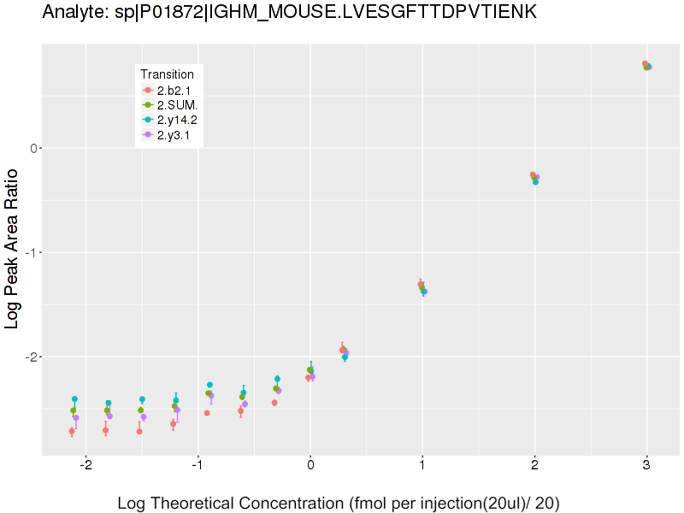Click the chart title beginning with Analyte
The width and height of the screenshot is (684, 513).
coord(290,12)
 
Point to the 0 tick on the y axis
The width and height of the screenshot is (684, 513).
coord(33,148)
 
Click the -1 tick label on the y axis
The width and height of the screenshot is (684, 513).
coord(31,252)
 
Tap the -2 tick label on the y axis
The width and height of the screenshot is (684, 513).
coord(31,357)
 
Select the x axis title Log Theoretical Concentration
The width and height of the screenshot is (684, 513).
coord(338,503)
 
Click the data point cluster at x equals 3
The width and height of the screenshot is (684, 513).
coord(647,65)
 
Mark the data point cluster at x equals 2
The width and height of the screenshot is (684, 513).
coord(534,178)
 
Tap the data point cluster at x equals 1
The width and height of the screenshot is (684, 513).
coord(422,287)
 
